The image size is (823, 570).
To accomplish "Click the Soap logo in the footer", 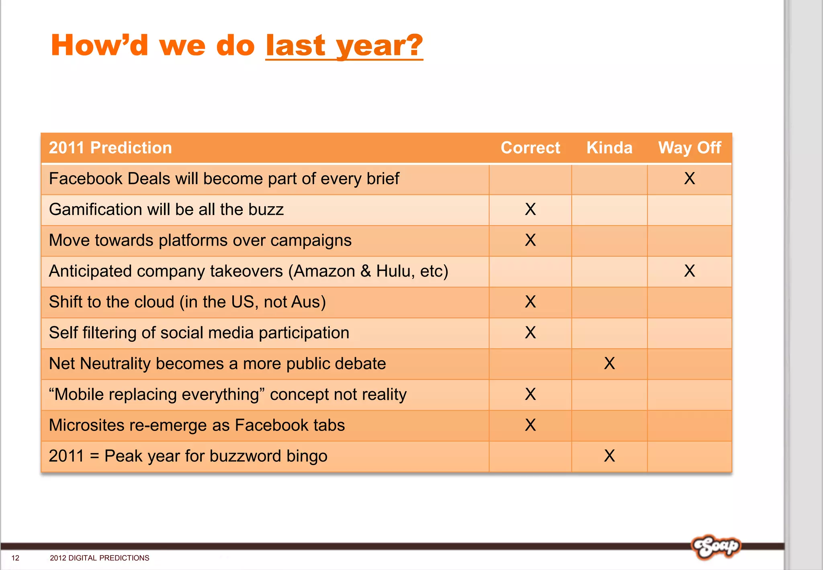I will coord(716,547).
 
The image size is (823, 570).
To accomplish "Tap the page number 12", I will coord(15,558).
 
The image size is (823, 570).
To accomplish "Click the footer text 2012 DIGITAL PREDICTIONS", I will coord(99,558).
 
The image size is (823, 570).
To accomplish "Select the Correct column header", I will coord(530,148).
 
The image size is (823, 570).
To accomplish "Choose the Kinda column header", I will coord(609,148).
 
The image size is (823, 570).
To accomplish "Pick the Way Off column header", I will coord(690,148).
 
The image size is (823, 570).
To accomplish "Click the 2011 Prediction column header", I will coord(110,148).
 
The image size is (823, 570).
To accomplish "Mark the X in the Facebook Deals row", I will coord(690,178).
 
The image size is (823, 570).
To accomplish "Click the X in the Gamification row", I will coord(530,209).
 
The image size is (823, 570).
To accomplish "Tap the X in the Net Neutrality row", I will coord(609,363).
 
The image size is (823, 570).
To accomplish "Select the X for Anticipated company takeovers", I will coord(690,271).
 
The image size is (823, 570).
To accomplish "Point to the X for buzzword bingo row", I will coord(609,456).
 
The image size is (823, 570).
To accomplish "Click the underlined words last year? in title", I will coord(344,45).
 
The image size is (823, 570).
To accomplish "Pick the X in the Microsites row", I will coord(530,425).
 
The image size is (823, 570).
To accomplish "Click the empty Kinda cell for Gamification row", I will coord(609,210).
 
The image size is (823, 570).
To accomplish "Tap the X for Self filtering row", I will coord(530,333).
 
